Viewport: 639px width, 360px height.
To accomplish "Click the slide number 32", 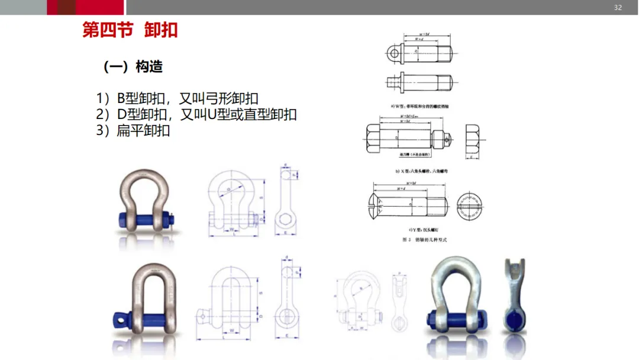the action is [618, 8].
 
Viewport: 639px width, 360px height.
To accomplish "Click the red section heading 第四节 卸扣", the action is [130, 30].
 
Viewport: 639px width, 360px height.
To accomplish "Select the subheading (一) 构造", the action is [133, 67].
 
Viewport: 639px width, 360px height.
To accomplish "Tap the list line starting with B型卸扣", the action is [177, 98].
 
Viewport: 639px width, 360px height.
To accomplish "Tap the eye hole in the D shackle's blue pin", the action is [122, 320].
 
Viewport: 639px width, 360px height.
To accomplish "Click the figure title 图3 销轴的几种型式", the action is [424, 240].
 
